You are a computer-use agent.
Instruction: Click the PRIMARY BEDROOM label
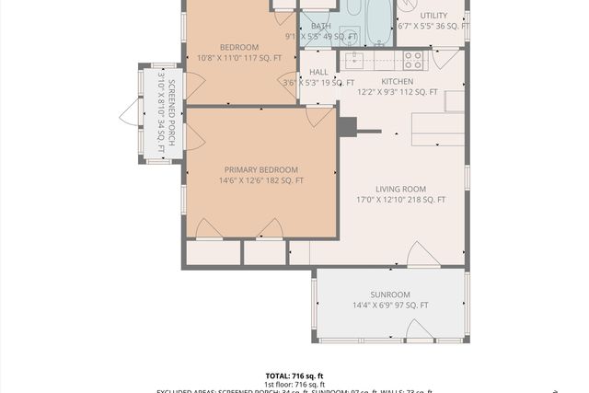pos(261,170)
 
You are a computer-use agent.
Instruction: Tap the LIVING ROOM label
pos(400,190)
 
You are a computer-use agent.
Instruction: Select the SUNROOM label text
pos(390,295)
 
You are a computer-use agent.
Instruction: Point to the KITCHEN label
pos(398,81)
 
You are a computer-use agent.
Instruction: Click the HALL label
pos(318,72)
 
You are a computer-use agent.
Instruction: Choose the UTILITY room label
pos(433,16)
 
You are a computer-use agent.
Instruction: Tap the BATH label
pos(321,26)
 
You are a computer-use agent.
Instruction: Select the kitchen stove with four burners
pos(413,60)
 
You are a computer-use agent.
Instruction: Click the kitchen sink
pos(355,60)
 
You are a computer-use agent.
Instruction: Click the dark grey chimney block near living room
pos(348,126)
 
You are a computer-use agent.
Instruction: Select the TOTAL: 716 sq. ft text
pos(294,376)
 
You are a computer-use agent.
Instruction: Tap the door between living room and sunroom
pos(423,256)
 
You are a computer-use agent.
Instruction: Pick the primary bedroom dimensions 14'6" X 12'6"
pos(261,181)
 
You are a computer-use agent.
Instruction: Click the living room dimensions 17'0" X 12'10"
pos(400,200)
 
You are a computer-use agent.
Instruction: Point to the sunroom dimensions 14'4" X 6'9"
pos(390,306)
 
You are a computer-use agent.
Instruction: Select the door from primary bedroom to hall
pos(319,116)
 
